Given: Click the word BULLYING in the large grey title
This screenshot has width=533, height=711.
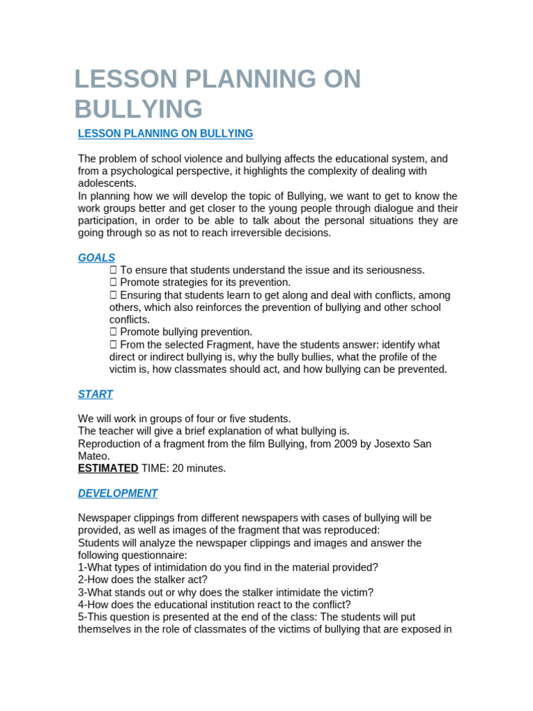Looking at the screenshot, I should coord(139,109).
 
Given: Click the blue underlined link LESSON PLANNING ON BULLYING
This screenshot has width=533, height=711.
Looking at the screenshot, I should coord(165,133).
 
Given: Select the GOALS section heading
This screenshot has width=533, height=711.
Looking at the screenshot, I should coord(96,258).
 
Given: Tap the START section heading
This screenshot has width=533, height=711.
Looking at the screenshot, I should coord(95,394).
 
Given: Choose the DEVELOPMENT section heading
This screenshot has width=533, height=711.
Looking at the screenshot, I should coord(117,493).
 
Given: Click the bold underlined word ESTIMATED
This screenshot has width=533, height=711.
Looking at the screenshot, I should coord(108,469).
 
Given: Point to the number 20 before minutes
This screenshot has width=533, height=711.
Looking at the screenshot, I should coord(174,469).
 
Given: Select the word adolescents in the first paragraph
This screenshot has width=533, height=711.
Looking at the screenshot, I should coord(106,183).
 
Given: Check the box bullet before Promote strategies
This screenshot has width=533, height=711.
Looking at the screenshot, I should coord(113,283).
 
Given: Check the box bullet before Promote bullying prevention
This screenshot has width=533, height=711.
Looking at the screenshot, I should coord(113,332).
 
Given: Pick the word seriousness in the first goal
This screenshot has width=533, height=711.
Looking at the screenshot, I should coord(396,270).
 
